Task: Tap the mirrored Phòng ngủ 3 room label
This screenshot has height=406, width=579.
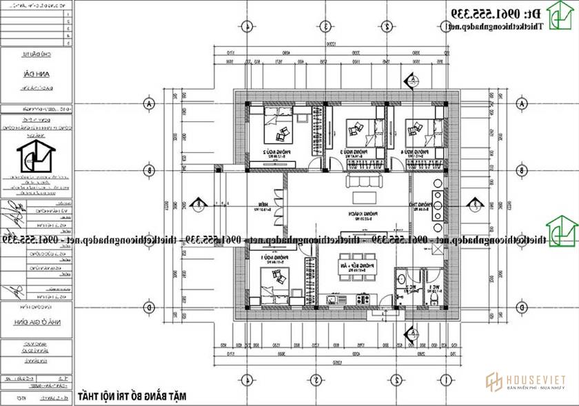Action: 353,151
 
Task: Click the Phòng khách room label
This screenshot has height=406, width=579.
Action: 356,215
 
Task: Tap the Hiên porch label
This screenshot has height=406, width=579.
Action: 263,204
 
